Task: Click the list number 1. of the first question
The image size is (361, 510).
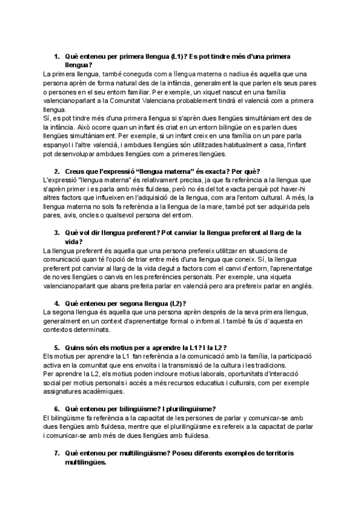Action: tap(57, 56)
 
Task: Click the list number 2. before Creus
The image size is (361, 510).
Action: tap(57, 171)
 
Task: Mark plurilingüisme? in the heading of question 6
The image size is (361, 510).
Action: tap(182, 409)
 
